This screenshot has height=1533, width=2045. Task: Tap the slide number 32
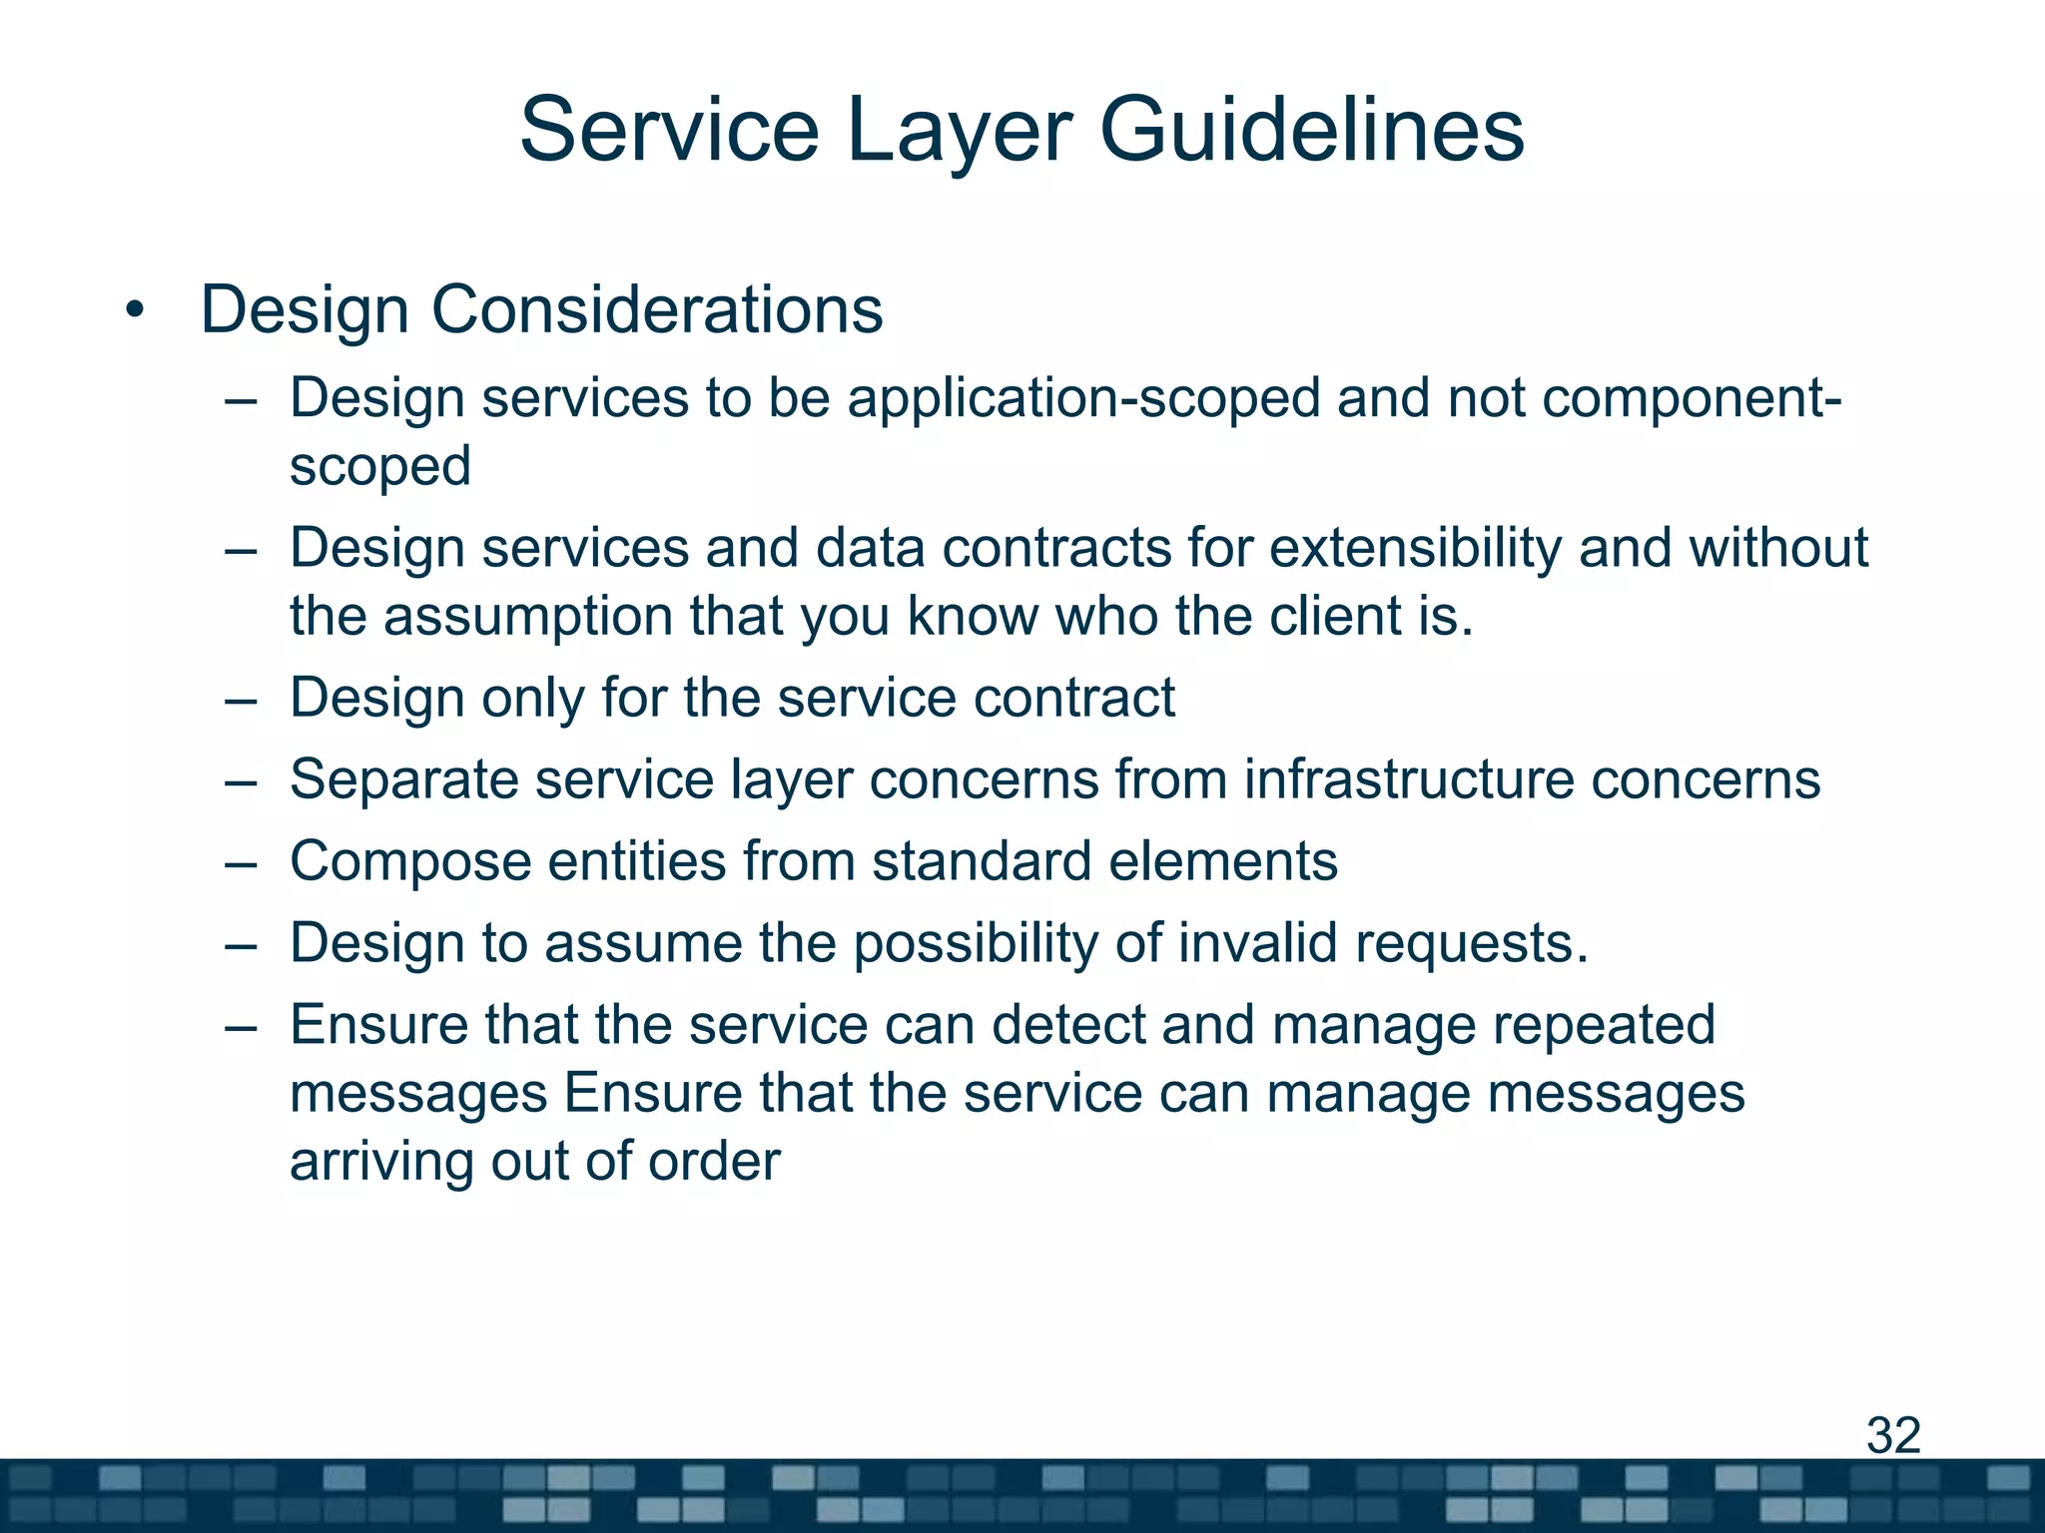coord(1893,1435)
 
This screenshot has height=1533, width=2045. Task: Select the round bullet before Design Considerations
coord(135,310)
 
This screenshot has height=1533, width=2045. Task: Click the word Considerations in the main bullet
coord(656,309)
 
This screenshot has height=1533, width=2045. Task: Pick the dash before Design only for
coord(241,699)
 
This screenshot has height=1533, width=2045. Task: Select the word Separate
coord(403,779)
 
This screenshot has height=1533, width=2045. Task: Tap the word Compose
coord(410,863)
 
